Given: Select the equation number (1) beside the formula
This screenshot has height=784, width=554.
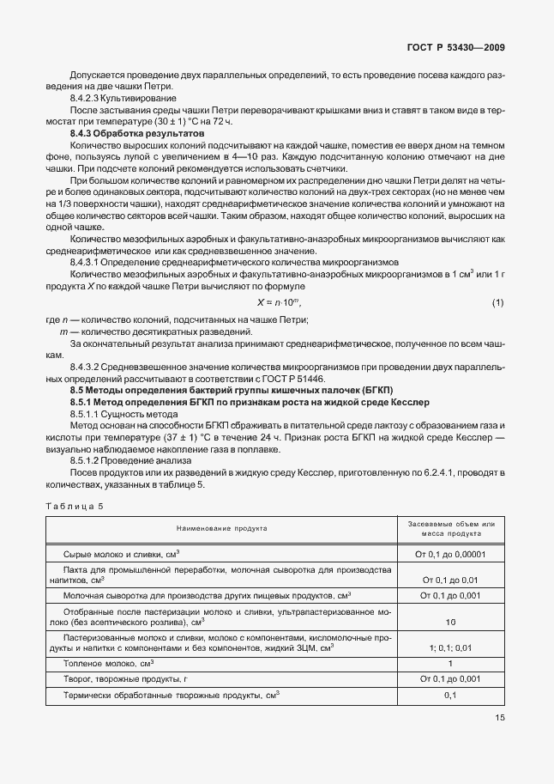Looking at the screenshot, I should (497, 302).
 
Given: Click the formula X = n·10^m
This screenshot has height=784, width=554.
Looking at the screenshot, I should (280, 303).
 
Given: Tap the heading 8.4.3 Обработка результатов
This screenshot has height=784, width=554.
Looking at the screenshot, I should (137, 135).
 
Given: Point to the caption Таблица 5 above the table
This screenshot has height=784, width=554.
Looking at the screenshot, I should (73, 506).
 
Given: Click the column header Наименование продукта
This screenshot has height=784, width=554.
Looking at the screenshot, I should (222, 530).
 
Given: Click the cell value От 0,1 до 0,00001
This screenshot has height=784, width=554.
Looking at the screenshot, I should (449, 556).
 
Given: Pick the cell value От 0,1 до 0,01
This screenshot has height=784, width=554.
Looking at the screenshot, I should (449, 580).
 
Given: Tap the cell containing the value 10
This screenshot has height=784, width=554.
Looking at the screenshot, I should (449, 621).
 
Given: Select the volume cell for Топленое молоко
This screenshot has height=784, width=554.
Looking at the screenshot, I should (449, 663).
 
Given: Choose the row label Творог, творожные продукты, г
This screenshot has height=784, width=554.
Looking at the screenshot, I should (132, 678).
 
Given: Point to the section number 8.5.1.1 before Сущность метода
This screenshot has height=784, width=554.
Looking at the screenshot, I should (87, 413).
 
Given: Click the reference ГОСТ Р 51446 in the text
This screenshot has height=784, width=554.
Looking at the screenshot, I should (298, 380).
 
